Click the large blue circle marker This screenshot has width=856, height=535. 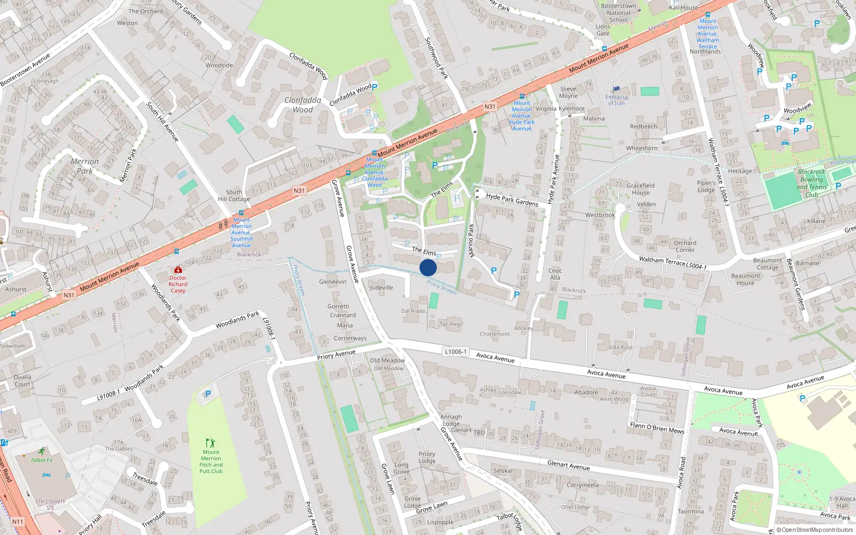pos(428,267)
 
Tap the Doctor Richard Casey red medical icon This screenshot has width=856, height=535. pos(178,270)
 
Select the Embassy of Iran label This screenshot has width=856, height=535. pos(616,100)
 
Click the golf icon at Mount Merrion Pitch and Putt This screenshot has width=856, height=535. pos(210,443)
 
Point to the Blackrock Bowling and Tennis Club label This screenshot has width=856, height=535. pos(812,183)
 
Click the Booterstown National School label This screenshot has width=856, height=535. pos(618,13)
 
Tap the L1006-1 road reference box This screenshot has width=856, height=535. pos(455,351)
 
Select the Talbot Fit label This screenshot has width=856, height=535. pos(41,460)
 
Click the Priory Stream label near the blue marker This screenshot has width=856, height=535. pos(442,287)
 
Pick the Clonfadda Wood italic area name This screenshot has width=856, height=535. pos(303,105)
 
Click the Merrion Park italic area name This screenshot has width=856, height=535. pos(85,166)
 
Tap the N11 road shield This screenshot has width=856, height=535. pos(18,522)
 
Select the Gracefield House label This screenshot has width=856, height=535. pos(640,189)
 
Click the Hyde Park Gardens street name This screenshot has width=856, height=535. pos(512,200)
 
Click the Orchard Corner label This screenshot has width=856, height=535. pos(685,246)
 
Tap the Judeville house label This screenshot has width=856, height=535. pos(381,288)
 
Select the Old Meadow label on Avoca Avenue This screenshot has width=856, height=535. pos(387,361)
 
